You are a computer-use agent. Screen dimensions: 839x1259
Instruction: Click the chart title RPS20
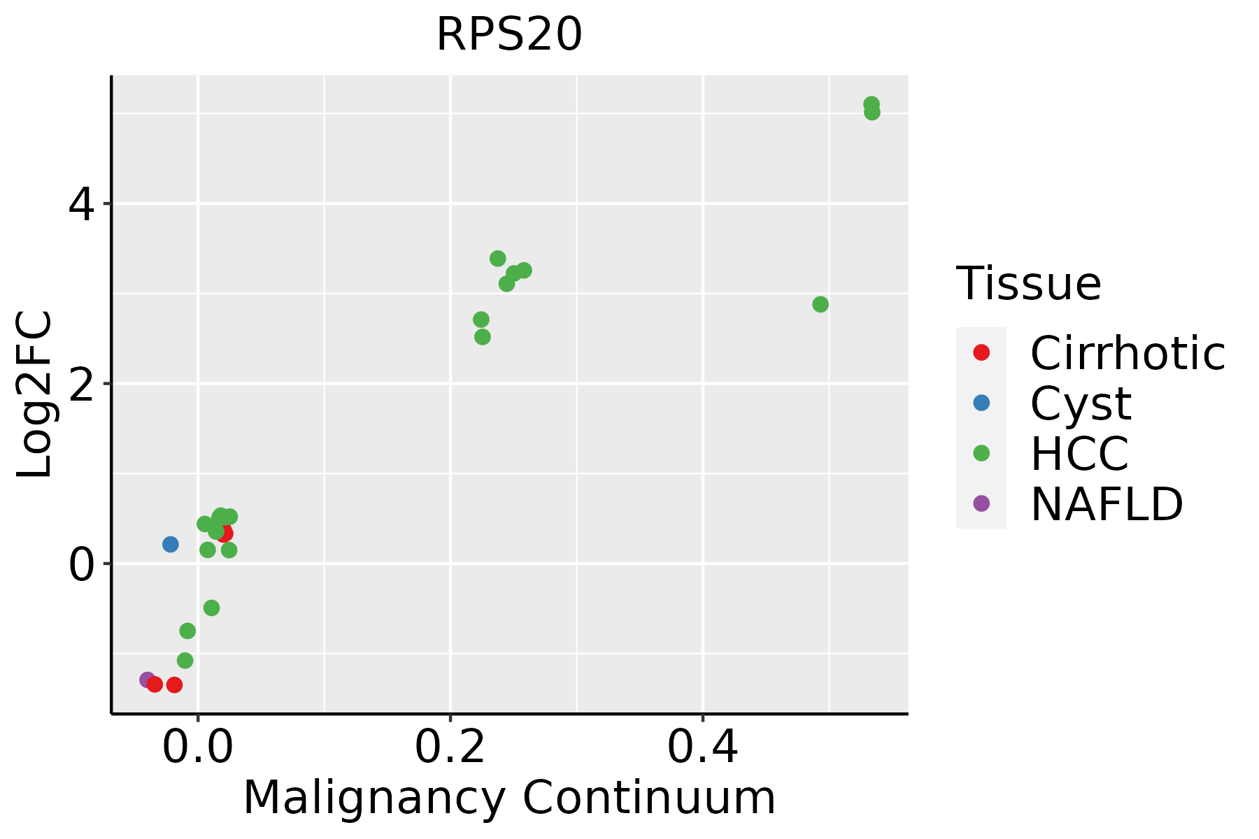coord(509,35)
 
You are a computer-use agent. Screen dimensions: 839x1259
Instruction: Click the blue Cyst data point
coord(171,544)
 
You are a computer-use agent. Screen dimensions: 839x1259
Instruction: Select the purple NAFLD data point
coord(147,680)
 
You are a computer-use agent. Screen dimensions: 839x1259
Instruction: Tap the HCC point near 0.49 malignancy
coord(820,304)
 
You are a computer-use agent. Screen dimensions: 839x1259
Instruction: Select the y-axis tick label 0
coord(82,564)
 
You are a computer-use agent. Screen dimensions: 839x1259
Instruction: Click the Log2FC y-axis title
coord(35,394)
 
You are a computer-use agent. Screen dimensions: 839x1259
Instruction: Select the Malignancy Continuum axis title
coord(509,798)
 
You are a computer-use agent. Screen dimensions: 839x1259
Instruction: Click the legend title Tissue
coord(1028,284)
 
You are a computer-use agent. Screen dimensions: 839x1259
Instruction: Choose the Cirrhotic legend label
coord(1128,353)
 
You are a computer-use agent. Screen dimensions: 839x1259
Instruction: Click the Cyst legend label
coord(1081,403)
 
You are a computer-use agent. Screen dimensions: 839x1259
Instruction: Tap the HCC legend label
coord(1079,454)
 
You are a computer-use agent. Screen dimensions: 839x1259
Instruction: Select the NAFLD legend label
coord(1107,504)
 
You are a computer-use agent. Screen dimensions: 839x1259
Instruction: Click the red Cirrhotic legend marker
coord(981,352)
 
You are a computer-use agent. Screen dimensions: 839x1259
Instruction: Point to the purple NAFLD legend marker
coord(981,503)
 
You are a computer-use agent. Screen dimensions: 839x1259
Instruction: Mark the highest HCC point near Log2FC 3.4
coord(498,259)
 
